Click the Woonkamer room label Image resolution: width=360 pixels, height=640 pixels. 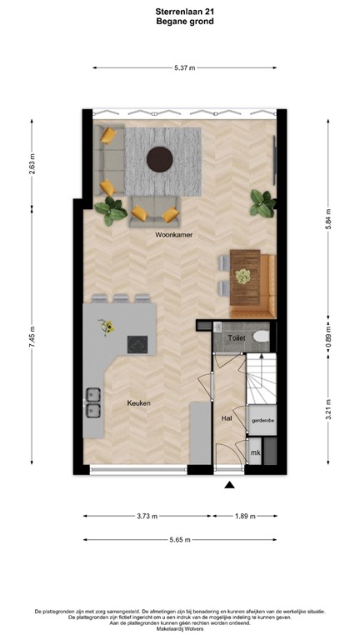174,236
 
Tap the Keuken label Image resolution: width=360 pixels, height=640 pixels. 138,402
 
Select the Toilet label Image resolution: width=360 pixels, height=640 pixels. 237,339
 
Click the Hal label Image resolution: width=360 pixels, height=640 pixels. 227,418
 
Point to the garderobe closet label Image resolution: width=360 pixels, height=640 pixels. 262,422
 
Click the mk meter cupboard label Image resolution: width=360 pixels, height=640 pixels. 256,452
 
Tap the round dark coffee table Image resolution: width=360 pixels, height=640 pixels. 160,157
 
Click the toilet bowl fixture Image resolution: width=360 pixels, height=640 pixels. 261,337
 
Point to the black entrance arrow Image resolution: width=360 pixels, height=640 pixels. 230,485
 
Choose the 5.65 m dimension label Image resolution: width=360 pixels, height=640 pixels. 178,539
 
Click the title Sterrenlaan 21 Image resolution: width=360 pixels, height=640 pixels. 179,12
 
